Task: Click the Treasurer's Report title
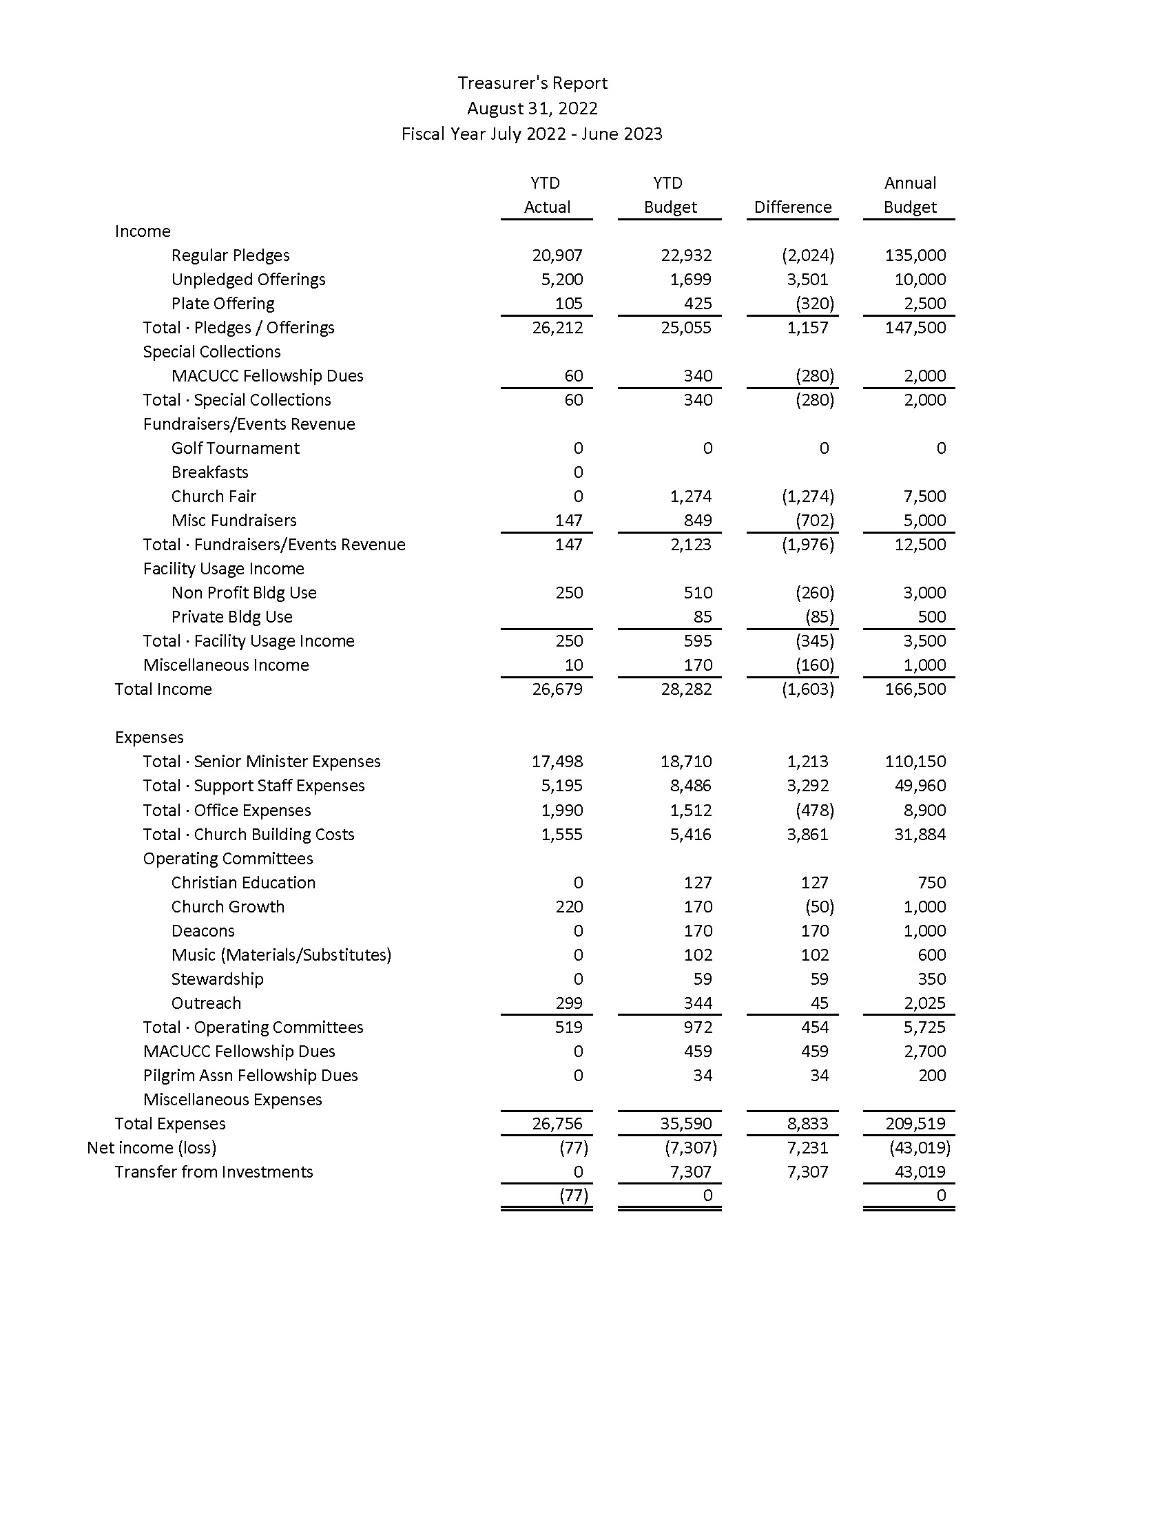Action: point(532,83)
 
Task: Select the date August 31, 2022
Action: point(532,109)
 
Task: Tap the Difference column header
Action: point(792,207)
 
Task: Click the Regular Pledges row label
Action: point(230,255)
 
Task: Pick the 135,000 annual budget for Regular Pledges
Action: point(915,255)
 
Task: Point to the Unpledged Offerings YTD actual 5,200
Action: point(557,280)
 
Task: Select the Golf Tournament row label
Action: point(235,448)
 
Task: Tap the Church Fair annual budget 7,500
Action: point(924,497)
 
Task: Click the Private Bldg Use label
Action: point(231,617)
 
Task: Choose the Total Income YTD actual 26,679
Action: point(557,689)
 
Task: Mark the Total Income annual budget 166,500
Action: point(915,689)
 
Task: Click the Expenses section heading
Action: point(149,738)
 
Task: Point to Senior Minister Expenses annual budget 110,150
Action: point(915,762)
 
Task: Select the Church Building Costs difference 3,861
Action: point(807,835)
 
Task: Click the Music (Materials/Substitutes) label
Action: point(281,955)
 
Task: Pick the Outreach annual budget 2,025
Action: point(924,1003)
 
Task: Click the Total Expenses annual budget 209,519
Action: point(915,1124)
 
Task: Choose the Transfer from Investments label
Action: point(214,1172)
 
